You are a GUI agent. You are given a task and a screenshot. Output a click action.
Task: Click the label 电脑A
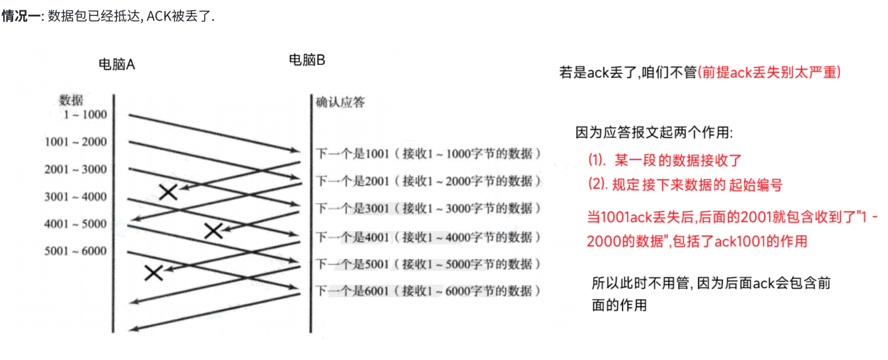coord(116,64)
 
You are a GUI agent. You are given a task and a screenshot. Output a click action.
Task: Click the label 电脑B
coord(307,60)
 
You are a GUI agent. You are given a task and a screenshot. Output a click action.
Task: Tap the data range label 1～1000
coord(85,115)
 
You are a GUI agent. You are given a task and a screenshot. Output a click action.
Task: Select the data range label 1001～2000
coord(75,142)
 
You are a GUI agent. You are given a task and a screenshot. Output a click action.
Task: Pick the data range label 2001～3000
coord(75,170)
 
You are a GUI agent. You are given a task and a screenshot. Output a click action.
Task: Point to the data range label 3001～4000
coord(75,197)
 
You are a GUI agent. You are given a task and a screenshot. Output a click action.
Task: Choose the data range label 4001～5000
coord(75,224)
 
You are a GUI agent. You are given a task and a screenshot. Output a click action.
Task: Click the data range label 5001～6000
coord(75,251)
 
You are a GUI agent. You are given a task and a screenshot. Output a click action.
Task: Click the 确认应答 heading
coord(340,102)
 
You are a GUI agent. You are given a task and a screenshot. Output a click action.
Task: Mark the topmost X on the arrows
coord(169,192)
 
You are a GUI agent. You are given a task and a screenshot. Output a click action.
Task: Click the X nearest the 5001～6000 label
coord(154,272)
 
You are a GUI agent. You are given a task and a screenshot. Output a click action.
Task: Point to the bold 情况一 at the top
coord(20,16)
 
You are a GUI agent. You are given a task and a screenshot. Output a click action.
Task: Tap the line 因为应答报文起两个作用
coord(654,133)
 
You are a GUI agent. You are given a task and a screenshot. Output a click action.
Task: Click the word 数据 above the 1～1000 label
coord(71,100)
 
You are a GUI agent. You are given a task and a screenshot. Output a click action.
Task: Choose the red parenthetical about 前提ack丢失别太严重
coord(770,73)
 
